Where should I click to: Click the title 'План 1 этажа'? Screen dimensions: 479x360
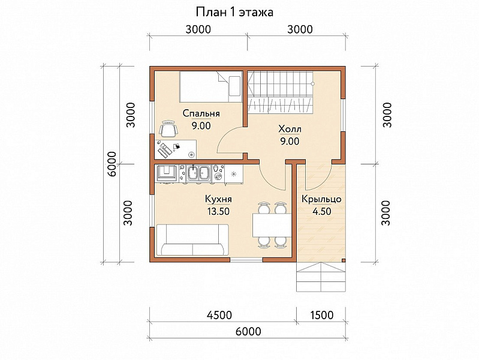tap(234, 12)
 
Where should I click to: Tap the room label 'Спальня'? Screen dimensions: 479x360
tap(201, 113)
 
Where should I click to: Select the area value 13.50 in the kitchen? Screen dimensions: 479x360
tap(218, 211)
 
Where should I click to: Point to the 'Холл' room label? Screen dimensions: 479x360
tap(290, 129)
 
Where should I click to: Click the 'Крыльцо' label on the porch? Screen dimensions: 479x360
tap(321, 199)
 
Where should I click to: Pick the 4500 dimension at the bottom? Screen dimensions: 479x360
tap(219, 315)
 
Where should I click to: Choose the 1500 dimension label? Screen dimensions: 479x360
tap(322, 315)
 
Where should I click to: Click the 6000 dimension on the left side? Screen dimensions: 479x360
tap(112, 164)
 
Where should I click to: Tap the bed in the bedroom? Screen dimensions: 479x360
tap(211, 86)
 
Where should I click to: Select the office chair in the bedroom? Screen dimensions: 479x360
tap(168, 129)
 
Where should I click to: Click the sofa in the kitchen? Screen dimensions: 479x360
tap(192, 240)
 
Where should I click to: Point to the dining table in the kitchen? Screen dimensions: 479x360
tap(272, 225)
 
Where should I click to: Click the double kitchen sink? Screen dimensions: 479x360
tap(198, 173)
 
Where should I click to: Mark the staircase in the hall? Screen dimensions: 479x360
tap(280, 91)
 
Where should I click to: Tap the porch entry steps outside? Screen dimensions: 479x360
tap(321, 277)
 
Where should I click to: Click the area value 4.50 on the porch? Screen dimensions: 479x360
tap(322, 211)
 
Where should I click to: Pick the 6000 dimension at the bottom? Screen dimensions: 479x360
tap(248, 331)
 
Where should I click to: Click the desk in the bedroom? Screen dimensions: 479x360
tap(176, 149)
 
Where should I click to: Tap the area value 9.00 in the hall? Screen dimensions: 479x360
tap(290, 142)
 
